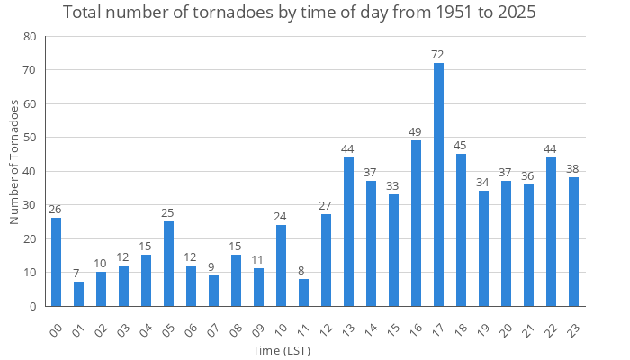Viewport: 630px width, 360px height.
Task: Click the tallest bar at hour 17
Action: click(438, 184)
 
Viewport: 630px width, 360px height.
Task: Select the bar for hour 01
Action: click(78, 294)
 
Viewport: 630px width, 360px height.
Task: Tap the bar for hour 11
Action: click(303, 292)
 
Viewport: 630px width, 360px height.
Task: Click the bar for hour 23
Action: click(573, 242)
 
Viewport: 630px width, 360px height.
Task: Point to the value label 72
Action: click(438, 55)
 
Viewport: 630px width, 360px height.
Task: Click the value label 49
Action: click(416, 132)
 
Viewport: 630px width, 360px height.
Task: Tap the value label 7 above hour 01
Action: click(78, 274)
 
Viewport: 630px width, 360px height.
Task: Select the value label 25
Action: click(168, 213)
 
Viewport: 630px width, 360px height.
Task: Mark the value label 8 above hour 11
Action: click(303, 270)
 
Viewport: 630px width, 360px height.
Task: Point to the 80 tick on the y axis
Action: click(30, 37)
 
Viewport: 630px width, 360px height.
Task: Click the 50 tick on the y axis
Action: click(30, 138)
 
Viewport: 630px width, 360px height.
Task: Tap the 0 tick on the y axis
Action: click(33, 306)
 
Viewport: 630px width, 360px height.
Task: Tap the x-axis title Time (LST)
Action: click(282, 349)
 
